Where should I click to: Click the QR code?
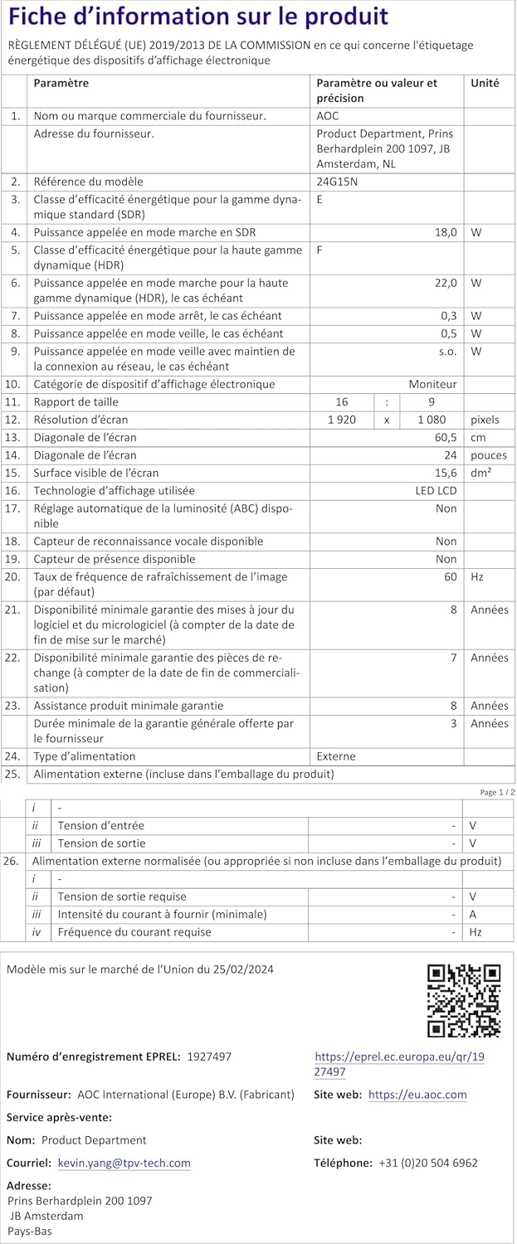(x=464, y=1000)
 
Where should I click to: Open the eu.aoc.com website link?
(x=417, y=1095)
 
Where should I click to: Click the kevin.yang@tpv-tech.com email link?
(x=124, y=1164)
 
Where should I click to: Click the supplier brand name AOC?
(x=328, y=116)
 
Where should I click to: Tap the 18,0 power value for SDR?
(x=446, y=233)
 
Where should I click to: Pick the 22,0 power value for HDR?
(x=446, y=283)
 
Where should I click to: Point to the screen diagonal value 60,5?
(x=445, y=437)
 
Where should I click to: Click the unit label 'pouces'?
(x=489, y=455)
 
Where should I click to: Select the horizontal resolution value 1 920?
(x=342, y=420)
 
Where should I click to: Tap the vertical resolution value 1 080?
(x=432, y=420)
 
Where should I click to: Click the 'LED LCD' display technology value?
(x=437, y=490)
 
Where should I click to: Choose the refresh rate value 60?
(x=450, y=576)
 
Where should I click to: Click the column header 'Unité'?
(x=485, y=83)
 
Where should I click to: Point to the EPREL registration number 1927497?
(x=209, y=1057)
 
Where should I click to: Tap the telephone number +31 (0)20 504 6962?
(x=428, y=1164)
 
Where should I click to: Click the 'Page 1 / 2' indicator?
(x=497, y=792)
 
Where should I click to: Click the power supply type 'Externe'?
(x=336, y=756)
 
